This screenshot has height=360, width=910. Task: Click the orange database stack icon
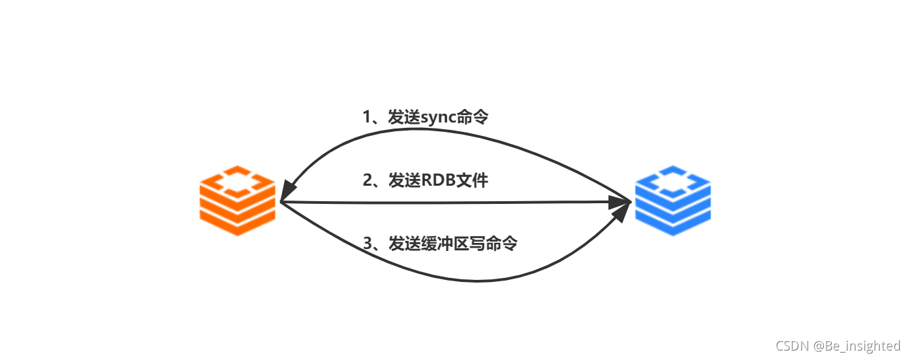[x=238, y=200]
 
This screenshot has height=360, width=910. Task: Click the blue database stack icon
[x=672, y=200]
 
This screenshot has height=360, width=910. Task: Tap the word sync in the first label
[x=438, y=117]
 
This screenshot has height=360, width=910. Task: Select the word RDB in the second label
[x=438, y=180]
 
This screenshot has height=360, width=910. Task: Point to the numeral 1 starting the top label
[x=367, y=117]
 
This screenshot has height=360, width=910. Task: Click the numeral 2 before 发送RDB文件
[x=367, y=180]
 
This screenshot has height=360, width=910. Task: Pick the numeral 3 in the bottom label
[x=367, y=244]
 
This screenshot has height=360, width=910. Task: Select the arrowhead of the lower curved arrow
[x=620, y=214]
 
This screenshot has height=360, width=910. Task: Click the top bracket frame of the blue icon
[x=672, y=180]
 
